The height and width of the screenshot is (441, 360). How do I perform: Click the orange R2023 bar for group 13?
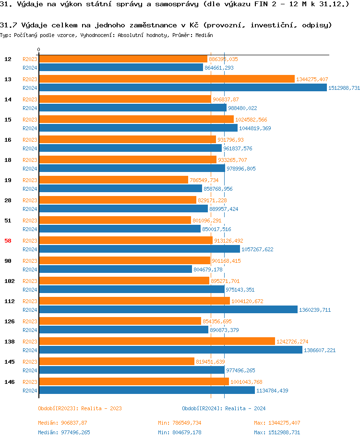coord(166,79)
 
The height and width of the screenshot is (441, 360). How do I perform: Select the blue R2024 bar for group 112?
coord(168,310)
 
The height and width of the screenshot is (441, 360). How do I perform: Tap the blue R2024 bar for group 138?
coord(170,350)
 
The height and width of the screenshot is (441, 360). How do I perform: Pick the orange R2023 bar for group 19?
coord(113,180)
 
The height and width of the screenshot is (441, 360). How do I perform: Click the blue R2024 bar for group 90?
coord(115,269)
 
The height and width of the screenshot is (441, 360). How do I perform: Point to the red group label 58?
coord(8,241)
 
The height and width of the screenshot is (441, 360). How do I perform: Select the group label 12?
coord(8,59)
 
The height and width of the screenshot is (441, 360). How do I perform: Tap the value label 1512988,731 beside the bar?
coord(344,88)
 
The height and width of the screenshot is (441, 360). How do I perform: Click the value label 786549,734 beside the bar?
coord(204,180)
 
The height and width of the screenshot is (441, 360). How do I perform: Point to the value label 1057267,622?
coord(257,249)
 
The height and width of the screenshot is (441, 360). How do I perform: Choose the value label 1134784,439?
coord(272,391)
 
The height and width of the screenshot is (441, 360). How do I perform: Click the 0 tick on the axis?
coord(39,50)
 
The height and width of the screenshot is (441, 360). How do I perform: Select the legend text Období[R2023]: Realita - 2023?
coord(80,408)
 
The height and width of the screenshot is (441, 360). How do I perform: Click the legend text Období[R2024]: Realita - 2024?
coord(224,408)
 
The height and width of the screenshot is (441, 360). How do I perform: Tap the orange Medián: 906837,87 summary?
coord(62,423)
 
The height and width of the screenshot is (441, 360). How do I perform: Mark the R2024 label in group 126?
coord(30,330)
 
